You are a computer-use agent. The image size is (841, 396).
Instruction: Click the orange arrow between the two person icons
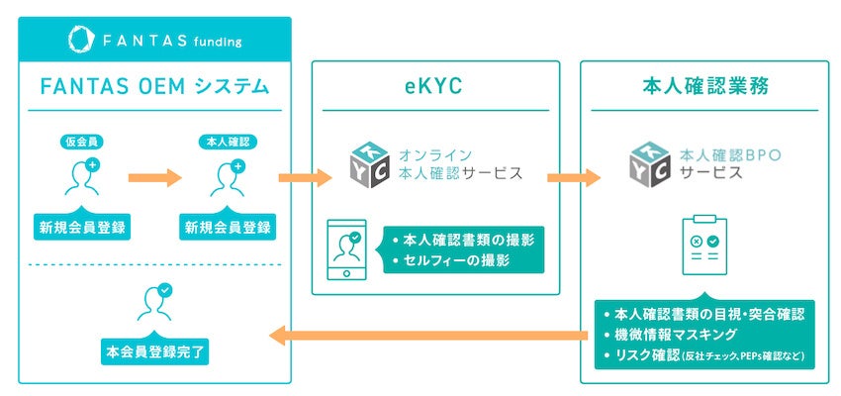[x=155, y=178]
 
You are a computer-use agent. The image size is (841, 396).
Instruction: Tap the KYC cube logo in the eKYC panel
[x=371, y=164]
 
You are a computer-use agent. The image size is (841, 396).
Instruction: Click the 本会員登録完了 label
[x=154, y=350]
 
